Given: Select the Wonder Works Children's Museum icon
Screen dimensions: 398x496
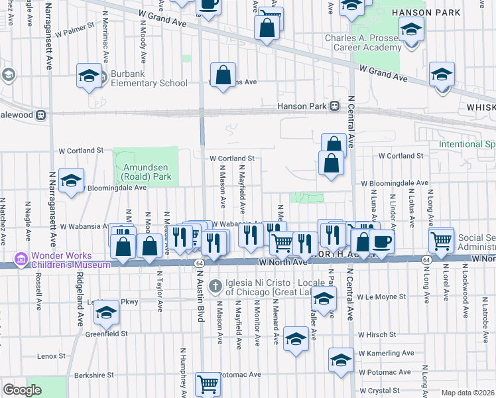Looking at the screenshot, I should pyautogui.click(x=21, y=257).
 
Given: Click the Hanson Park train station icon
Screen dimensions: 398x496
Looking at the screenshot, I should pyautogui.click(x=336, y=106).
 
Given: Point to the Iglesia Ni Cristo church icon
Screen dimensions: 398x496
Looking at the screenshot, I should pyautogui.click(x=215, y=287).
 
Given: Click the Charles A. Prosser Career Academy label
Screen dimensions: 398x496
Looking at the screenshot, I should pyautogui.click(x=363, y=42).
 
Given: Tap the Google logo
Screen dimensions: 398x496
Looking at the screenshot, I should pyautogui.click(x=22, y=390).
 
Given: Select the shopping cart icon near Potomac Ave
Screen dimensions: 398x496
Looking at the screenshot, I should pyautogui.click(x=208, y=383).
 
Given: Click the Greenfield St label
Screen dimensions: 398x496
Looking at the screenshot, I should pyautogui.click(x=106, y=334).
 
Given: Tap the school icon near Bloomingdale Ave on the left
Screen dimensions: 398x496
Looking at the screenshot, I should pyautogui.click(x=70, y=181).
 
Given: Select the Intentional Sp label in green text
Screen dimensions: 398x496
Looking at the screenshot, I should pyautogui.click(x=466, y=144).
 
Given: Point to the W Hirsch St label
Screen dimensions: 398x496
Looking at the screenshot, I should pyautogui.click(x=377, y=335).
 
